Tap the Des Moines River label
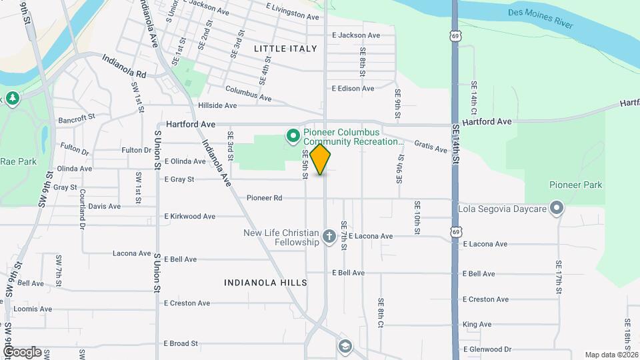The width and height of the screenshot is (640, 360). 541,19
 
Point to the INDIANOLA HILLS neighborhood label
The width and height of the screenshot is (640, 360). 265,283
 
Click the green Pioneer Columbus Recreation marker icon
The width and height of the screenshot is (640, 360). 292,137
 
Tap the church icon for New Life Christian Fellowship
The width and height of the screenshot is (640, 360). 329,237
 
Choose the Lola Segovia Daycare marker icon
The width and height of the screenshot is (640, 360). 557,209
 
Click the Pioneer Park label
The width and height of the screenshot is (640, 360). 575,185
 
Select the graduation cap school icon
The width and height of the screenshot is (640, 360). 345,346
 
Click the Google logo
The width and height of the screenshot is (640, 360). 21,351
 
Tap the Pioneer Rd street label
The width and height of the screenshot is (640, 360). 265,198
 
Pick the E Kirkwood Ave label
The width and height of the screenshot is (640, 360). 189,217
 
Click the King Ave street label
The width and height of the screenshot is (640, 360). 477,325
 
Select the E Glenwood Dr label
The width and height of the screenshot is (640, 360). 487,349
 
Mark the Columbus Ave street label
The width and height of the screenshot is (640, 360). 248,93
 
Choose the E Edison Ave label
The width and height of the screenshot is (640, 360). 353,89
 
